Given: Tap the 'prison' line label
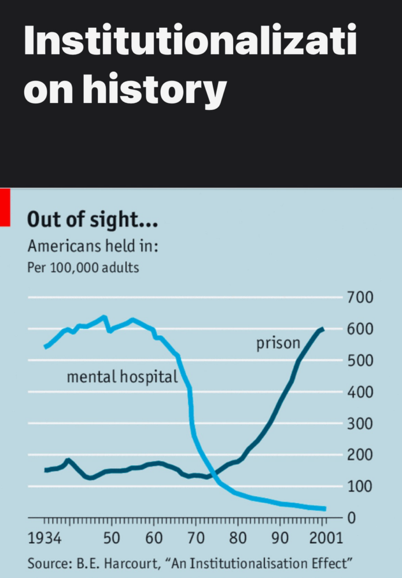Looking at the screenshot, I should pos(278,343).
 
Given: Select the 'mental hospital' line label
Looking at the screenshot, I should pos(122,377).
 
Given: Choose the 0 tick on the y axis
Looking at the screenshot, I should pos(352,518).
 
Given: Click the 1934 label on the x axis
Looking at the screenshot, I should pos(45,539).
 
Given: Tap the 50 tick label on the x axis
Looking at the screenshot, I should pos(112,539).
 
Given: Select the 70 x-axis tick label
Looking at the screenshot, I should pos(196,539).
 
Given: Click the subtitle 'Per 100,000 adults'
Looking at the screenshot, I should pos(83,268).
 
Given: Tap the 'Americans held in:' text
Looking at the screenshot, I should pos(93,246).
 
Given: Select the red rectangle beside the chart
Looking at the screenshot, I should pos(5,207).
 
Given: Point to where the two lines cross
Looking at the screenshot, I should pos(212,471).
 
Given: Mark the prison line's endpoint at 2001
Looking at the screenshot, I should pos(323,329).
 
